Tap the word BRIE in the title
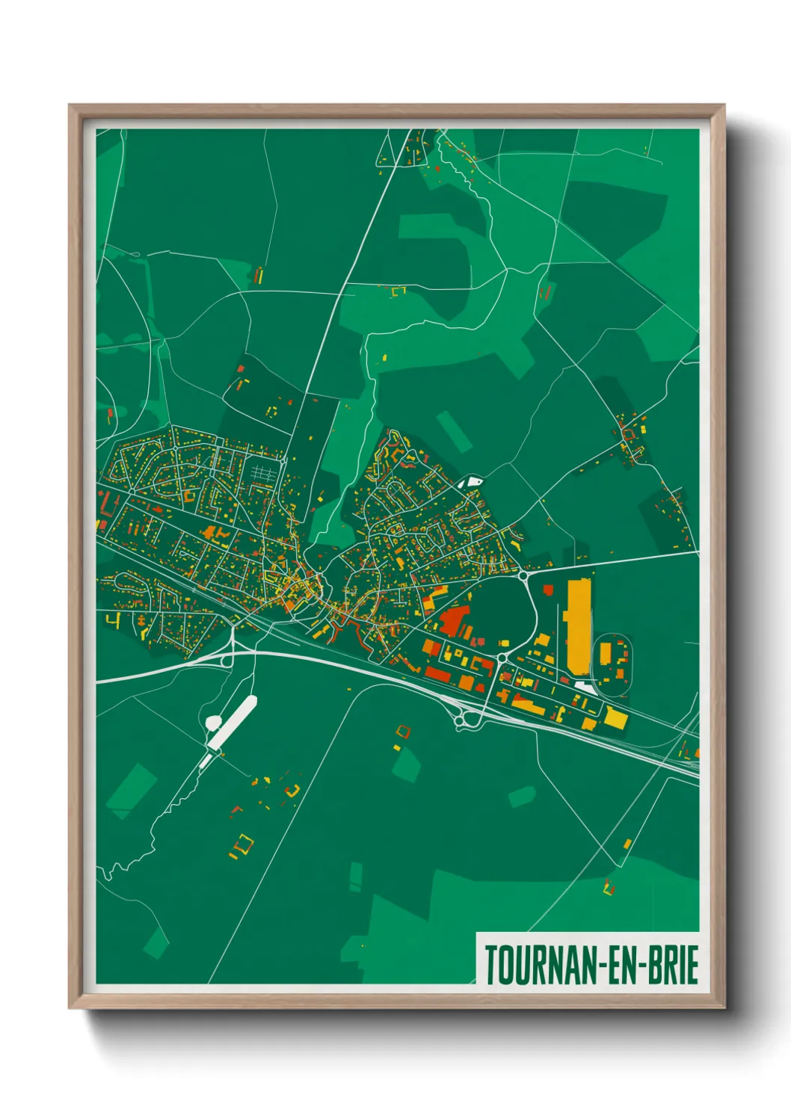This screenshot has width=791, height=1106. (673, 965)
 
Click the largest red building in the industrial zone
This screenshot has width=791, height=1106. (454, 621)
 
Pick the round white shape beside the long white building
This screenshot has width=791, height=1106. (213, 723)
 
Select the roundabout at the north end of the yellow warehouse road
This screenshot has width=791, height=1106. (523, 576)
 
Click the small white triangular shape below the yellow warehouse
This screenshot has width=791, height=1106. (587, 687)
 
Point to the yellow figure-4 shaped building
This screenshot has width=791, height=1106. (113, 620)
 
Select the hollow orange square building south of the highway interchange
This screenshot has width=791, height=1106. (403, 731)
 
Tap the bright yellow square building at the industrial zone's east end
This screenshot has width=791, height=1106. (616, 718)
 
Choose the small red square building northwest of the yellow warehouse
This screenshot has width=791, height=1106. (547, 590)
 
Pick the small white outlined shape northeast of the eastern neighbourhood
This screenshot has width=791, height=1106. (471, 482)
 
